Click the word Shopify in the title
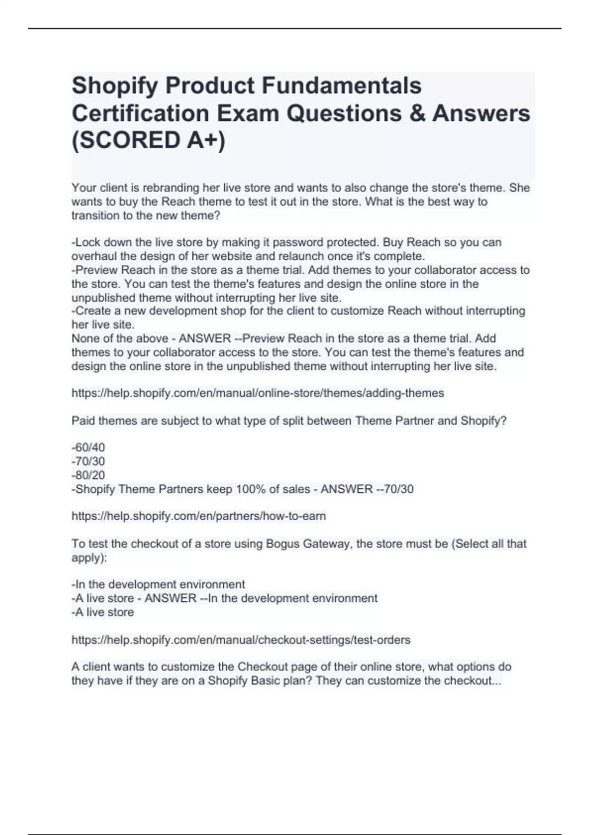click(x=115, y=86)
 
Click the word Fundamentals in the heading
click(x=341, y=86)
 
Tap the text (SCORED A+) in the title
click(x=148, y=140)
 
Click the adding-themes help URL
click(x=258, y=393)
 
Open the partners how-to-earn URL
click(x=199, y=516)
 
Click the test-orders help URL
click(x=241, y=640)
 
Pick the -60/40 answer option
click(x=88, y=447)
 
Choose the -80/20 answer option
click(x=88, y=475)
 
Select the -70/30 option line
click(x=88, y=461)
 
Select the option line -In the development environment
click(x=158, y=584)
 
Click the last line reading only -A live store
click(x=103, y=612)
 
